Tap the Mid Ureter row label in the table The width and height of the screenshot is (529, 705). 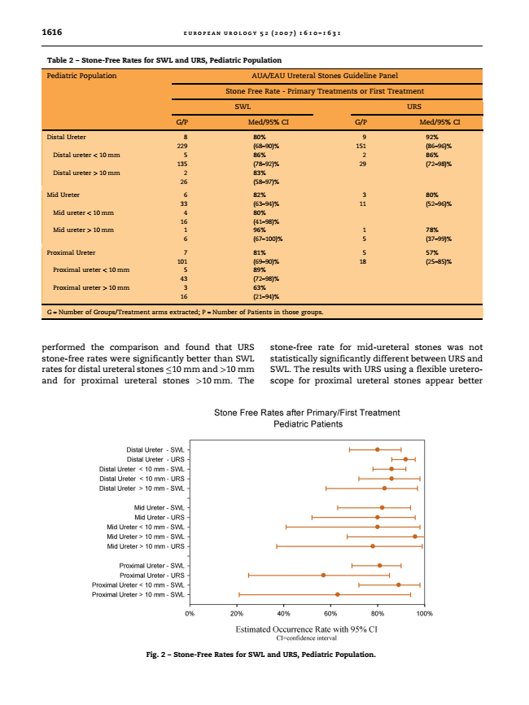click(x=63, y=195)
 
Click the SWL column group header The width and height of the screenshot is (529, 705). click(x=243, y=106)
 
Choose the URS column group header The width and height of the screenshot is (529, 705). click(x=413, y=106)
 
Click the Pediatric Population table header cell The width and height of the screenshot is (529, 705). click(x=82, y=76)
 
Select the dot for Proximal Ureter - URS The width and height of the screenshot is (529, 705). click(x=323, y=575)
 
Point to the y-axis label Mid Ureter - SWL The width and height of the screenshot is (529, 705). click(x=158, y=508)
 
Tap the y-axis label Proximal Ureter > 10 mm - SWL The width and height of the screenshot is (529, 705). click(x=138, y=594)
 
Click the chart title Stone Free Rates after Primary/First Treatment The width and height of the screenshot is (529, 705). click(x=306, y=413)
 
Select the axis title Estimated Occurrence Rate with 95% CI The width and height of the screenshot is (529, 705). click(x=306, y=629)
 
